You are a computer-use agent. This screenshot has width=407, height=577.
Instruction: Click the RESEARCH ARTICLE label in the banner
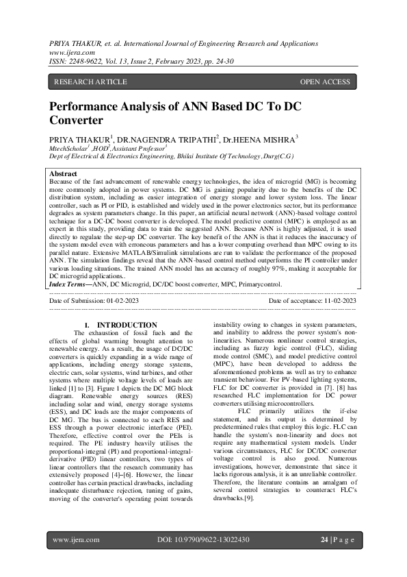click(90, 82)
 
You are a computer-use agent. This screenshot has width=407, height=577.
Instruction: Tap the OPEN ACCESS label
click(325, 82)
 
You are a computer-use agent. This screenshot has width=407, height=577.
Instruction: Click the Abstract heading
click(64, 175)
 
